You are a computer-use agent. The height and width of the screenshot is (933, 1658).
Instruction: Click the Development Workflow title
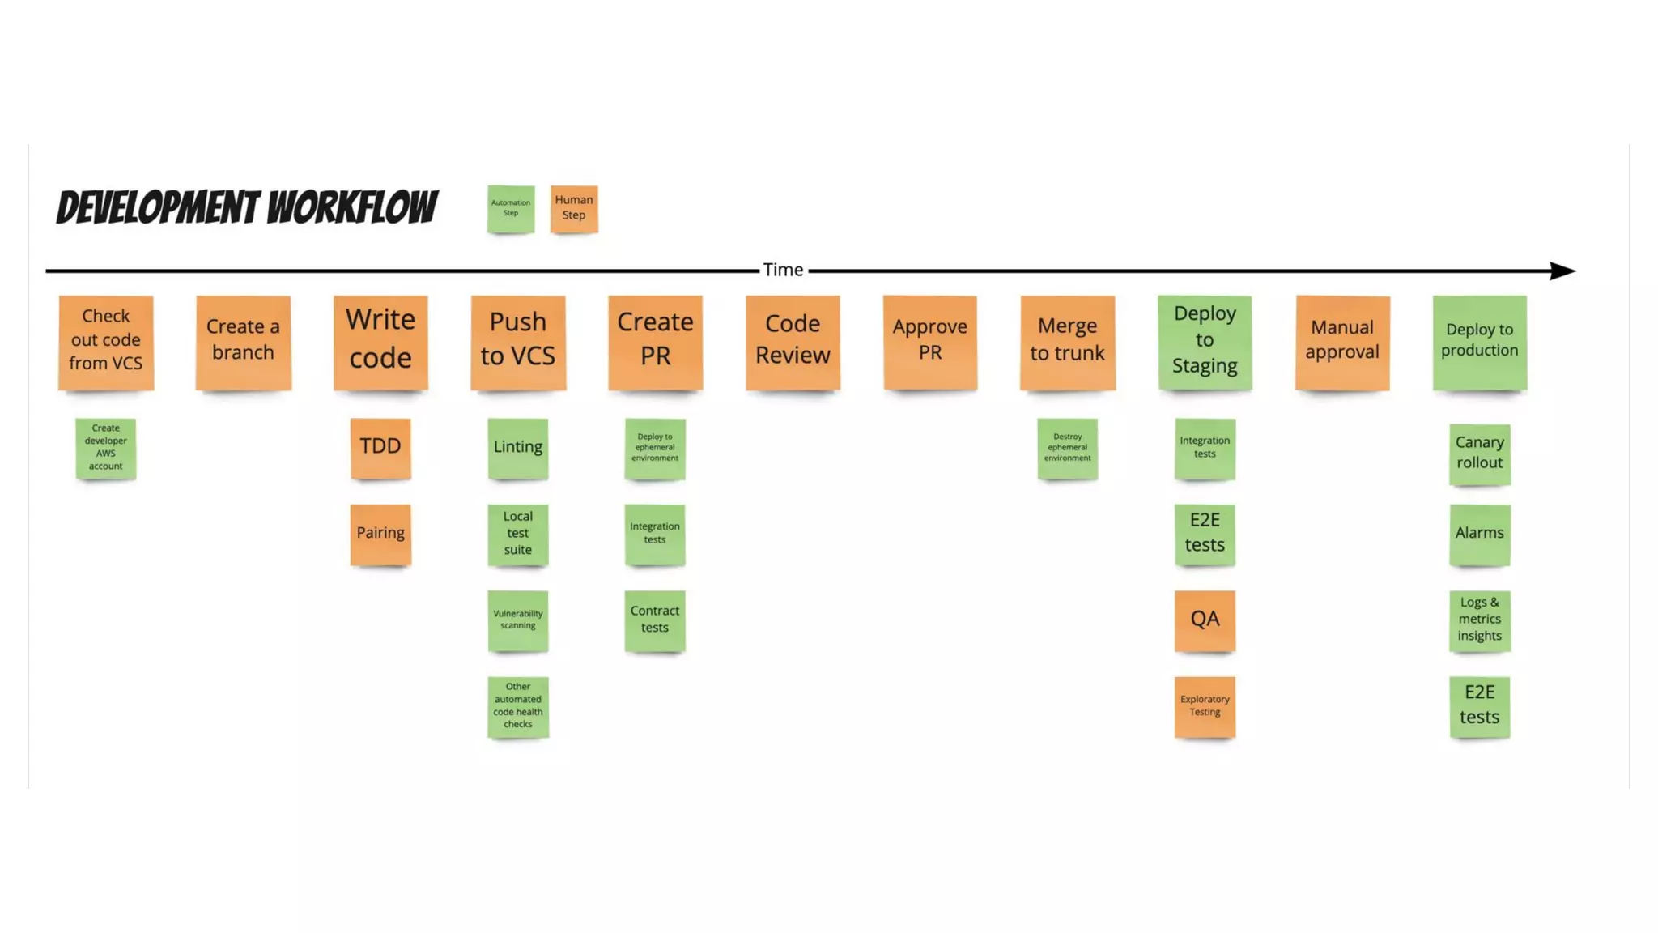247,207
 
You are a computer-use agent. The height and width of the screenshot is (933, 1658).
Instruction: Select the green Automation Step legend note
511,209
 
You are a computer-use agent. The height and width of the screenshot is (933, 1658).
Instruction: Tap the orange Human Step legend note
574,208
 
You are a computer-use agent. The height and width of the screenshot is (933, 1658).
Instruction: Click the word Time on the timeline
783,270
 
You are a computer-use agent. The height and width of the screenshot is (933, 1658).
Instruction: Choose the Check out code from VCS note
106,342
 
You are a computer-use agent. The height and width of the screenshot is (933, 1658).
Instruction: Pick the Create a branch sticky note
243,342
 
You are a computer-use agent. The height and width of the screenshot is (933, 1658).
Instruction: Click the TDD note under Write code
380,448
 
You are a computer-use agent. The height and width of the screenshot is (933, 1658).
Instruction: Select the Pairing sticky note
380,534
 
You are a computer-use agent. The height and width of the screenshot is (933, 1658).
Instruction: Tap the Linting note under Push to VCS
518,448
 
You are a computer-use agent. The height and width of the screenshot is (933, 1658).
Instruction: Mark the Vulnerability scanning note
518,620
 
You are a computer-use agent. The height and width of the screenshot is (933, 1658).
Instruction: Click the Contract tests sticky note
655,620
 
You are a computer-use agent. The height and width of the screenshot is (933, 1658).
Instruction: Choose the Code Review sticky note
793,342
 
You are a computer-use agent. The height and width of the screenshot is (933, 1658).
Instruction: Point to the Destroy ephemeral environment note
1067,448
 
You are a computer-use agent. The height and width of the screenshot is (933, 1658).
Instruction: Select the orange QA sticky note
1205,620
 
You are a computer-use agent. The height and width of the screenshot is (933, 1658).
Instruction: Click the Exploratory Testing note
1205,706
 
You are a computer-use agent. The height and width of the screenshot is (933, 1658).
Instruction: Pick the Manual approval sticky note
1342,342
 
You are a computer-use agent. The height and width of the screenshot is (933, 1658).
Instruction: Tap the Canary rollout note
1479,454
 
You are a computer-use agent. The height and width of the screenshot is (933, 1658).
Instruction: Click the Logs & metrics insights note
1479,620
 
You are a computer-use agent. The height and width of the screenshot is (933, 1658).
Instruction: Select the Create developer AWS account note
106,448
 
